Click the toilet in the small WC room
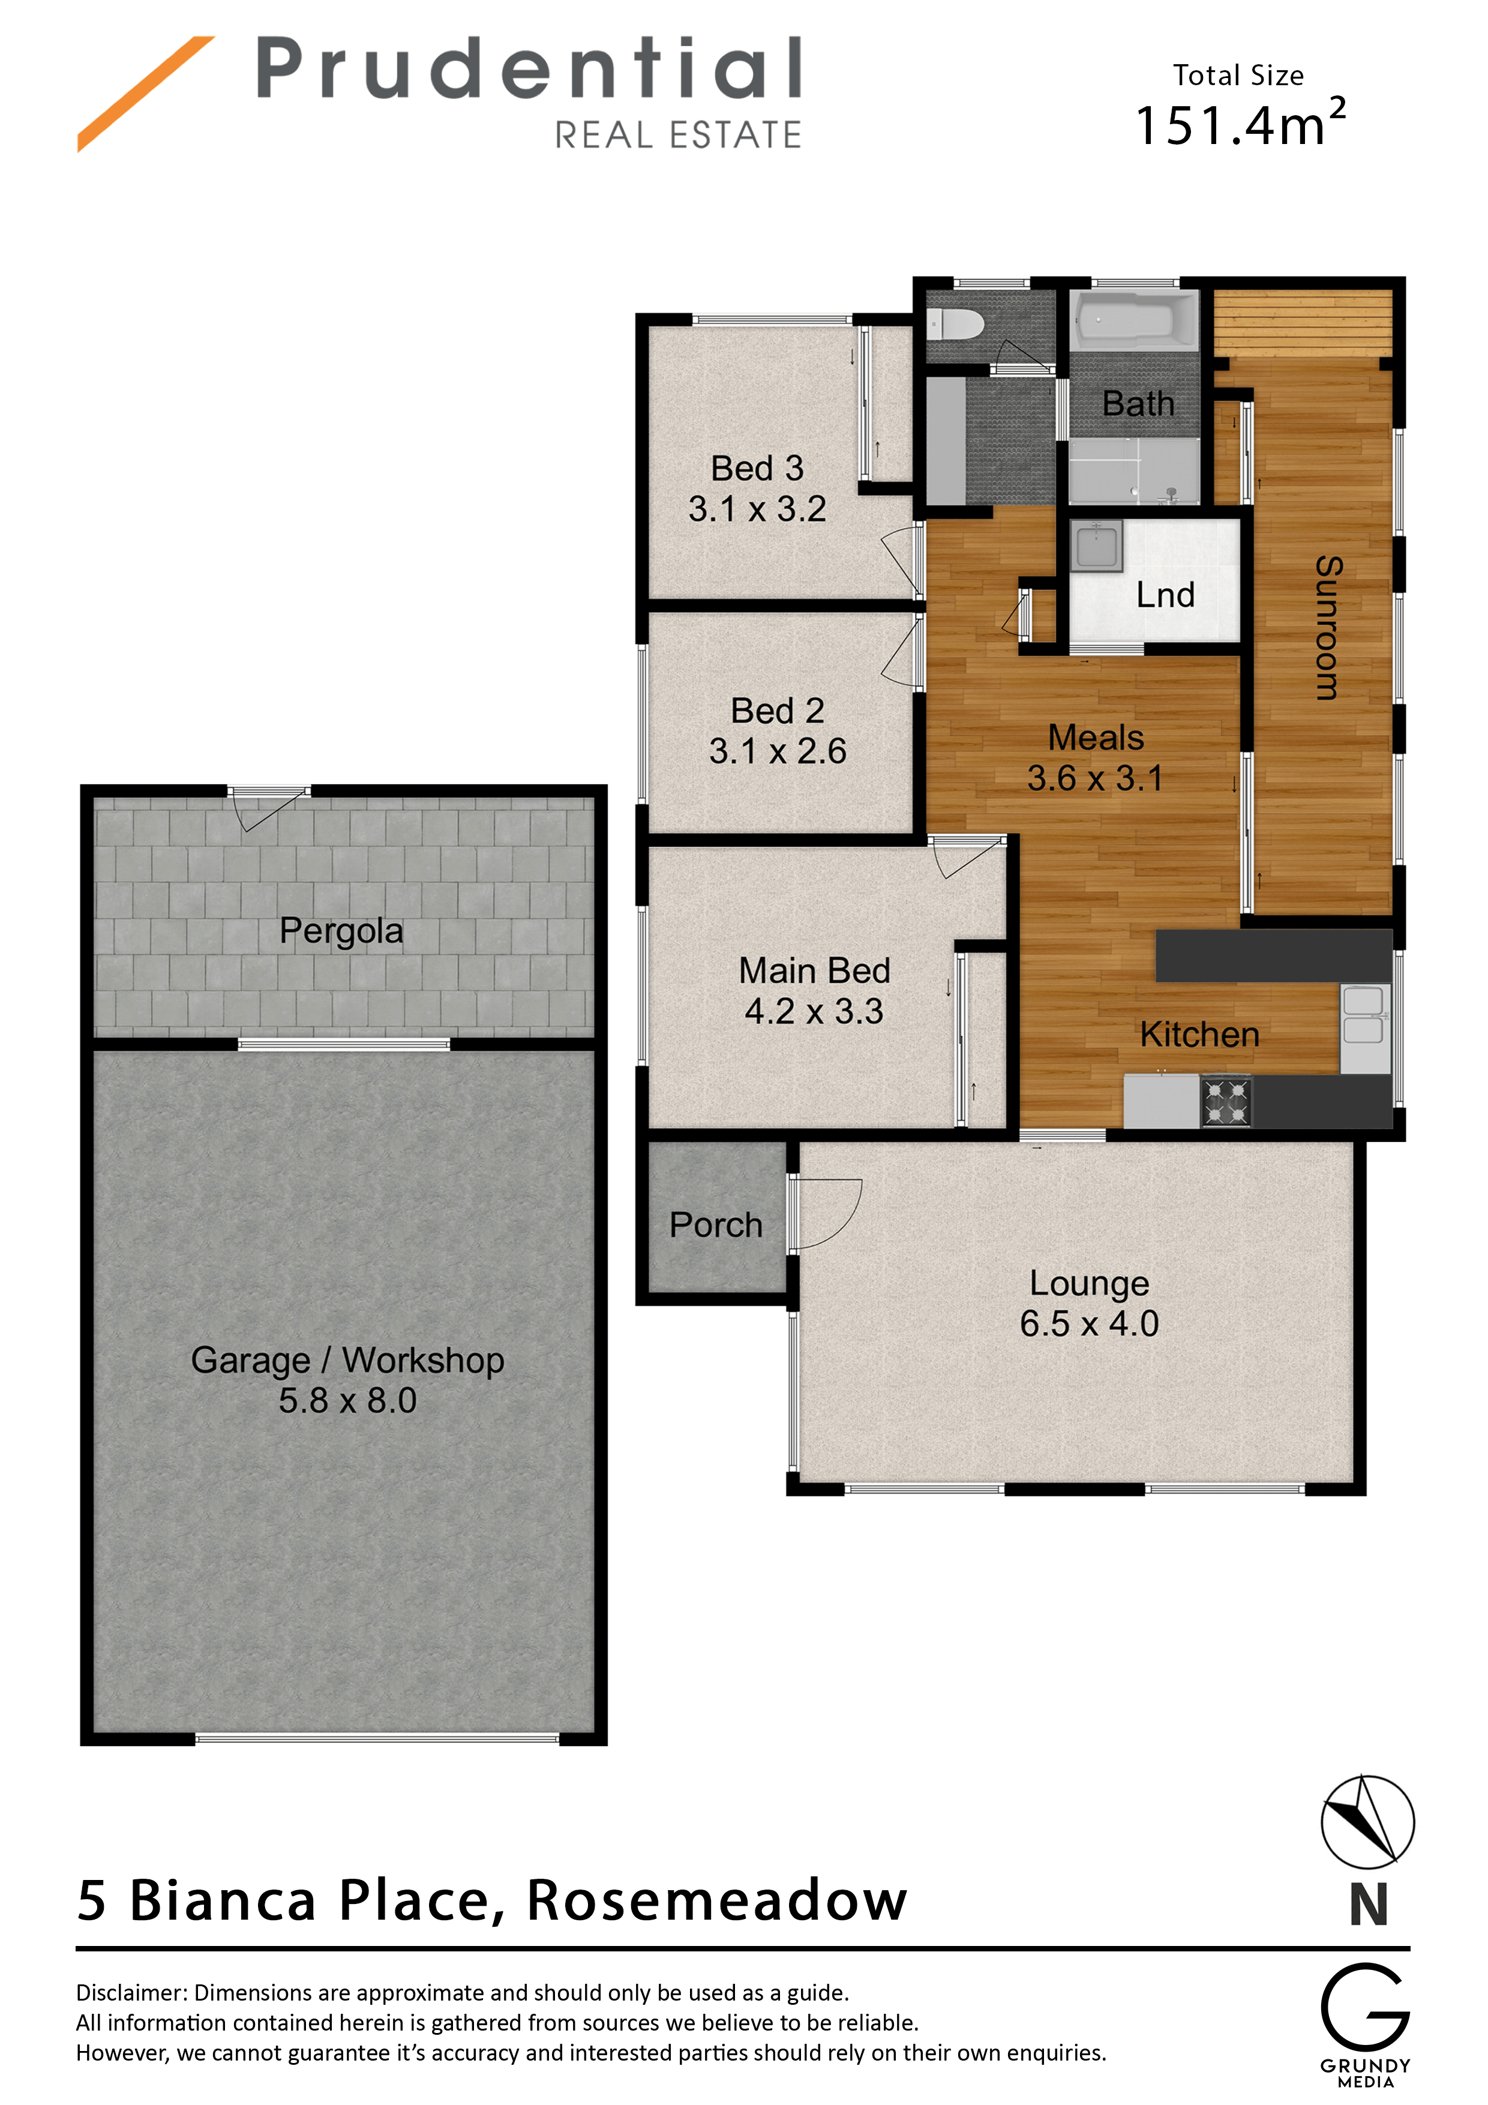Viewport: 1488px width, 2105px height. (953, 323)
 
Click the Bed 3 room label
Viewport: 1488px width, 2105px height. (757, 469)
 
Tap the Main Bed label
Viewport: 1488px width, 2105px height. (814, 971)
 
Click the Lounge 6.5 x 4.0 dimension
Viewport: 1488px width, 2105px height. (1089, 1324)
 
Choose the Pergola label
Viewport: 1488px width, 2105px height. (341, 931)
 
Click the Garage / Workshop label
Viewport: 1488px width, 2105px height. (347, 1360)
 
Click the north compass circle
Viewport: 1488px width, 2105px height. (1367, 1822)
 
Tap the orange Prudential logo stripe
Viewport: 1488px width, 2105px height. (146, 94)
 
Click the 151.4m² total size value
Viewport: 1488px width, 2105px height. (1240, 124)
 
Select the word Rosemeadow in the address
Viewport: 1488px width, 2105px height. (717, 1900)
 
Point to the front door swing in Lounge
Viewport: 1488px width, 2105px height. (825, 1215)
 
